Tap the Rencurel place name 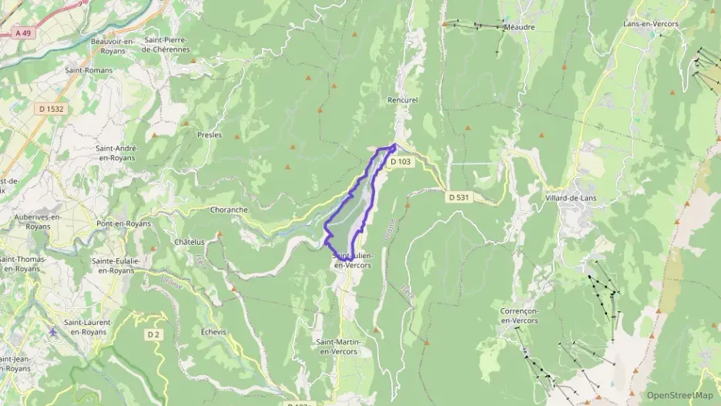(403, 100)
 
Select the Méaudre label (518, 27)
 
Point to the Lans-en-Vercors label (652, 24)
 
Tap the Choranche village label (229, 210)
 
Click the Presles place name (210, 135)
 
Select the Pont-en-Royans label (123, 223)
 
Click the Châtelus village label (189, 242)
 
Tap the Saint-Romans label (89, 70)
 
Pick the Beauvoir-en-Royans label (113, 45)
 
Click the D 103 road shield (401, 162)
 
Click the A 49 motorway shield (25, 33)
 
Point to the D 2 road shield (154, 334)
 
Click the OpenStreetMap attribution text (680, 395)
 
